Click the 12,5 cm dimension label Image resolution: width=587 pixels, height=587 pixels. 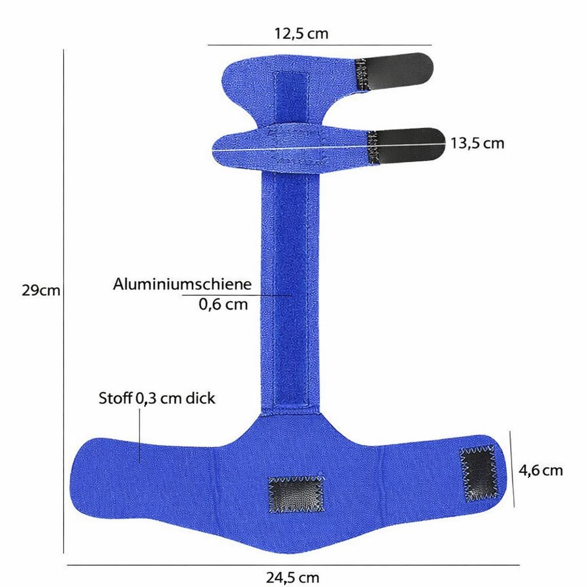click(302, 33)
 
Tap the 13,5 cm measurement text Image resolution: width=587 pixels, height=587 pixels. click(477, 143)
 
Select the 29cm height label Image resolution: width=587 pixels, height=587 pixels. click(41, 290)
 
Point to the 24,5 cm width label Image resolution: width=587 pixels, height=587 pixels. click(292, 577)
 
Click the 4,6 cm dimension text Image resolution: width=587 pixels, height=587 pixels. click(541, 471)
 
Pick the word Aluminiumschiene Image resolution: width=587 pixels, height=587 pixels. click(182, 284)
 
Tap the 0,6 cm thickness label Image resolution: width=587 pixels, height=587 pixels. click(224, 304)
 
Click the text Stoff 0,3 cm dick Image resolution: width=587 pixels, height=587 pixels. click(157, 398)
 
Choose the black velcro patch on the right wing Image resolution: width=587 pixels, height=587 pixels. click(478, 473)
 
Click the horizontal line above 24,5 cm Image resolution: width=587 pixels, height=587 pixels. click(292, 565)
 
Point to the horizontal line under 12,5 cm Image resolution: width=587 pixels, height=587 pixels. click(319, 45)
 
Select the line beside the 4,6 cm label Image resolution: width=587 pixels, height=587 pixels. click(512, 470)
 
